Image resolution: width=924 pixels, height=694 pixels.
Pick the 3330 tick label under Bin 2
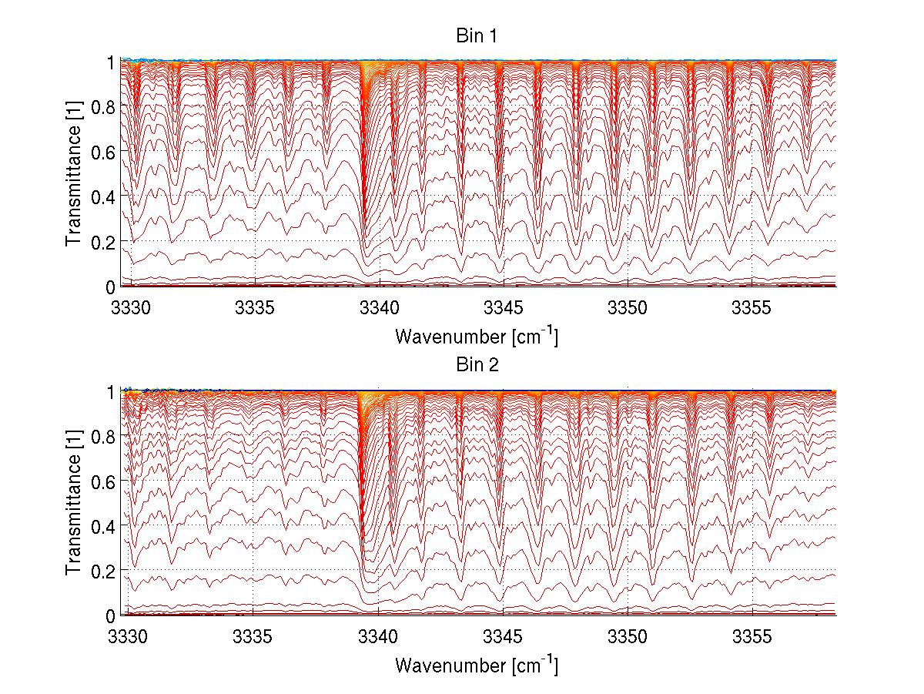pyautogui.click(x=131, y=638)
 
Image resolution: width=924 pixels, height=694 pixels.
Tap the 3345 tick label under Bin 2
pyautogui.click(x=504, y=638)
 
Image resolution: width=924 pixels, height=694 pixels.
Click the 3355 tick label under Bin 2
pyautogui.click(x=752, y=638)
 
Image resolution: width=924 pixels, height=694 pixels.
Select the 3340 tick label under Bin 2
pyautogui.click(x=380, y=638)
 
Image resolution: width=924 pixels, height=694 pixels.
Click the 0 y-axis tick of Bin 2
pyautogui.click(x=111, y=616)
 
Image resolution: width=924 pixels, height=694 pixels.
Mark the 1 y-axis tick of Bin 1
pyautogui.click(x=111, y=62)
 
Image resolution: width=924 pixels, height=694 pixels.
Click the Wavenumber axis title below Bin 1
pyautogui.click(x=477, y=336)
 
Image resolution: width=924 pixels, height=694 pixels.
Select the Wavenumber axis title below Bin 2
pyautogui.click(x=477, y=665)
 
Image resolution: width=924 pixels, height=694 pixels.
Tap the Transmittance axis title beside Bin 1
pyautogui.click(x=74, y=174)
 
